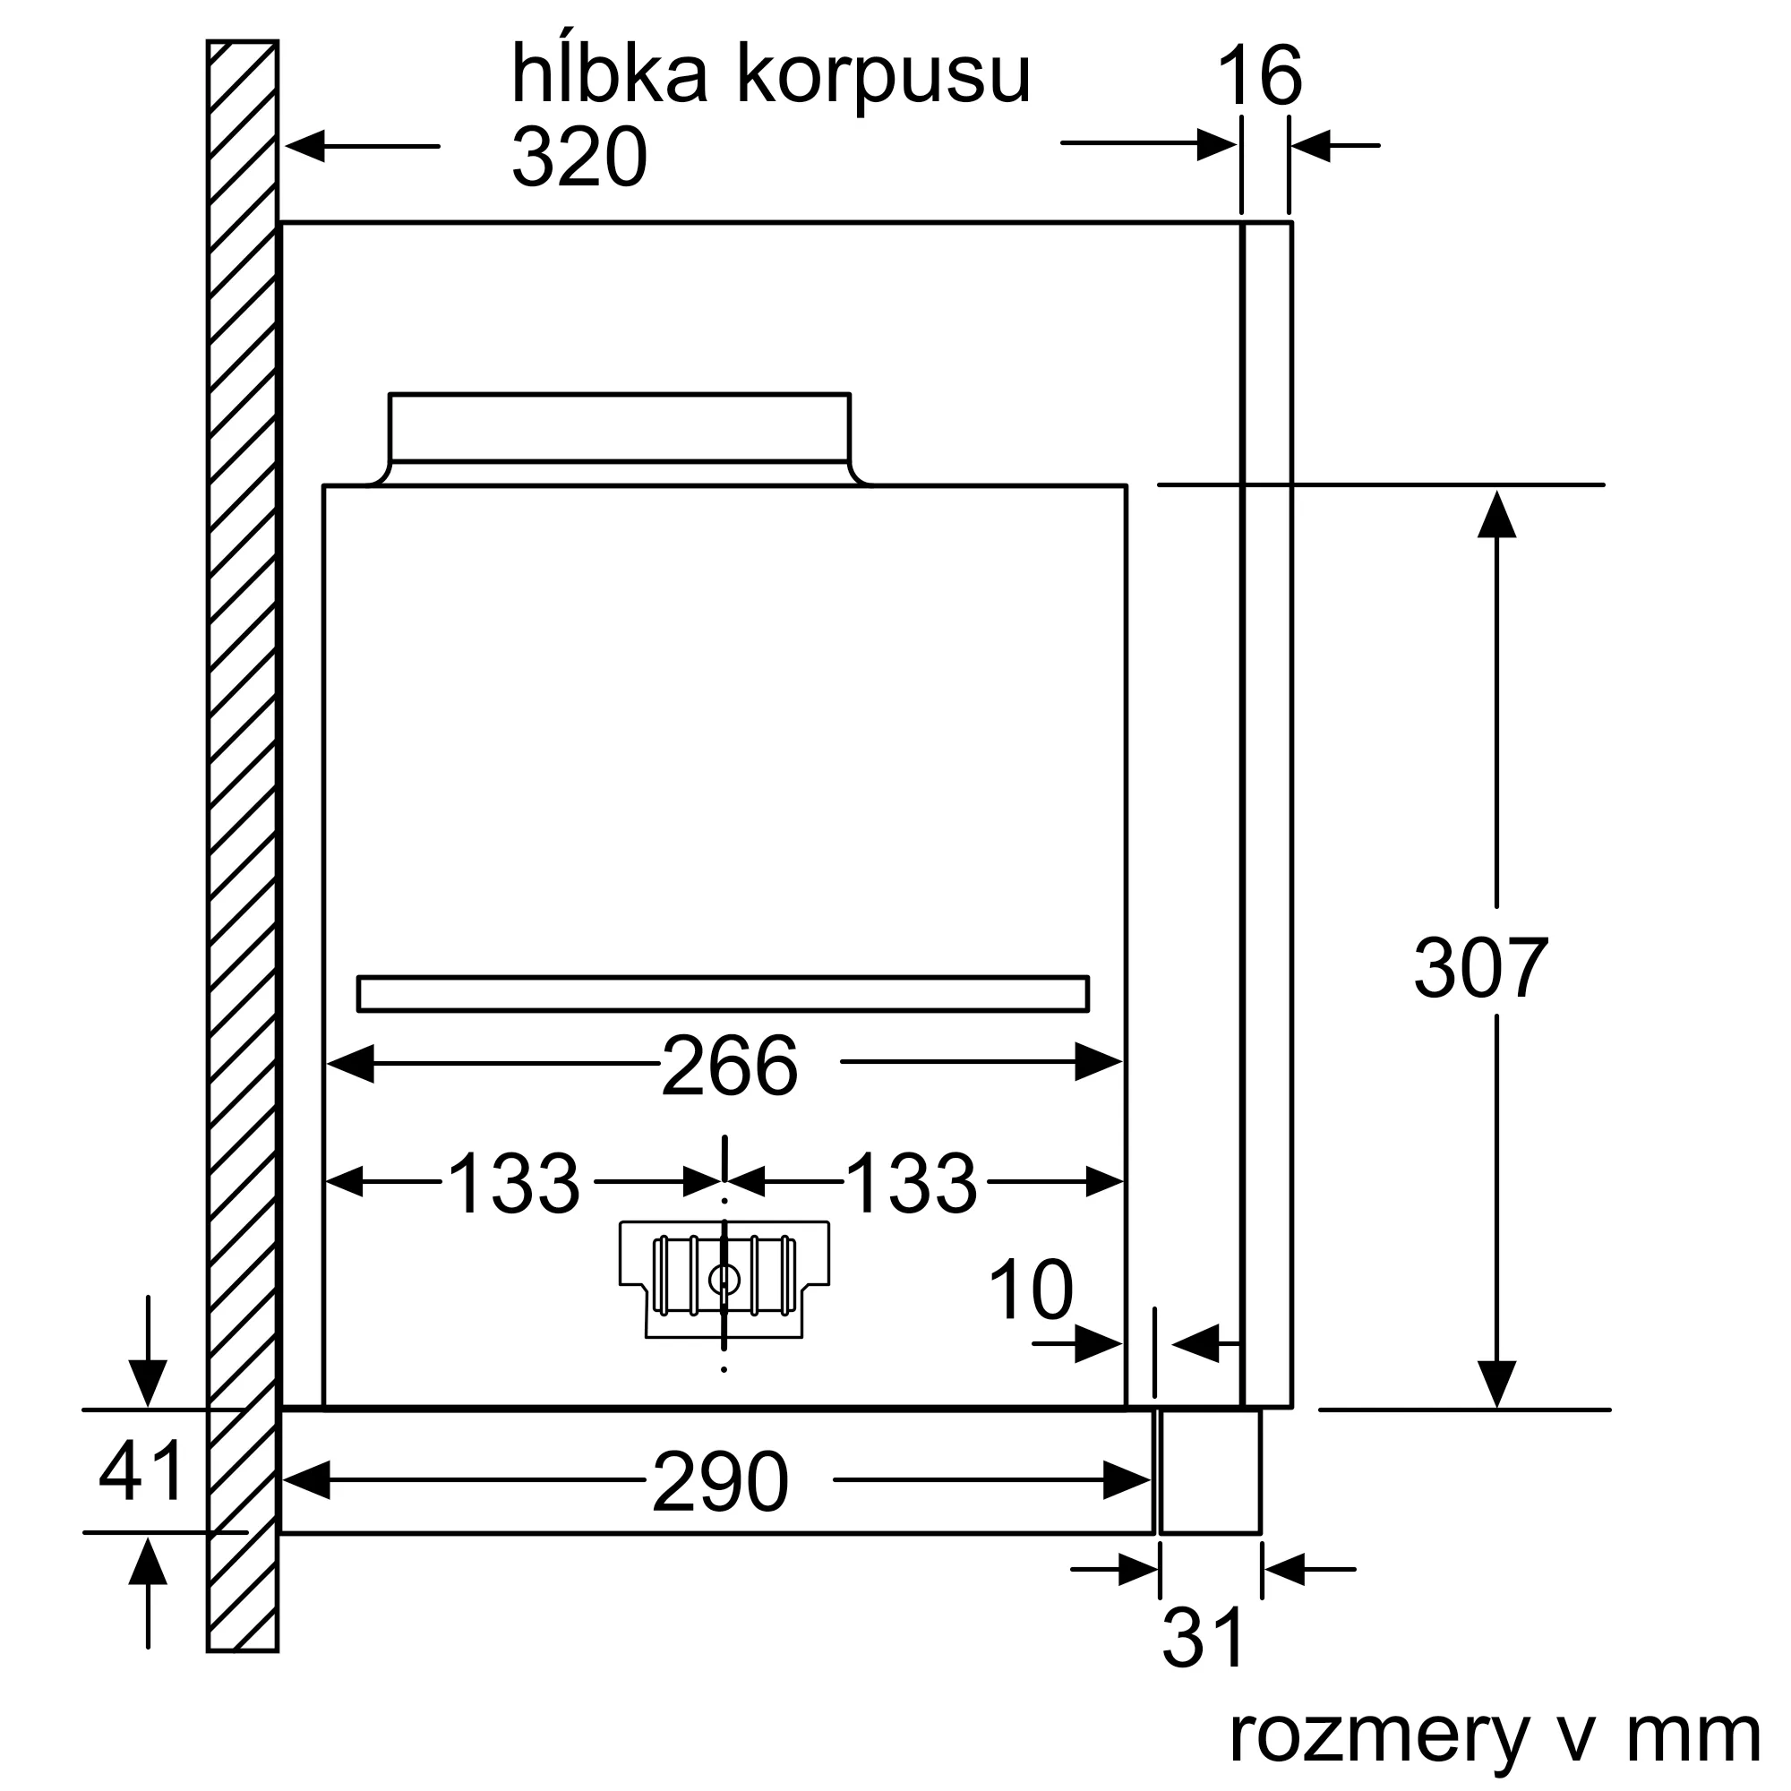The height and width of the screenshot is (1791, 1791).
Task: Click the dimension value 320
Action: tap(578, 158)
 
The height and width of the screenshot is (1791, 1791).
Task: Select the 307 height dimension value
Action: tap(1480, 968)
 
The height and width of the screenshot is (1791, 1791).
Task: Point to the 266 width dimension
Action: tap(729, 1066)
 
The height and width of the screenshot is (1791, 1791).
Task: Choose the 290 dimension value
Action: tap(720, 1483)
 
